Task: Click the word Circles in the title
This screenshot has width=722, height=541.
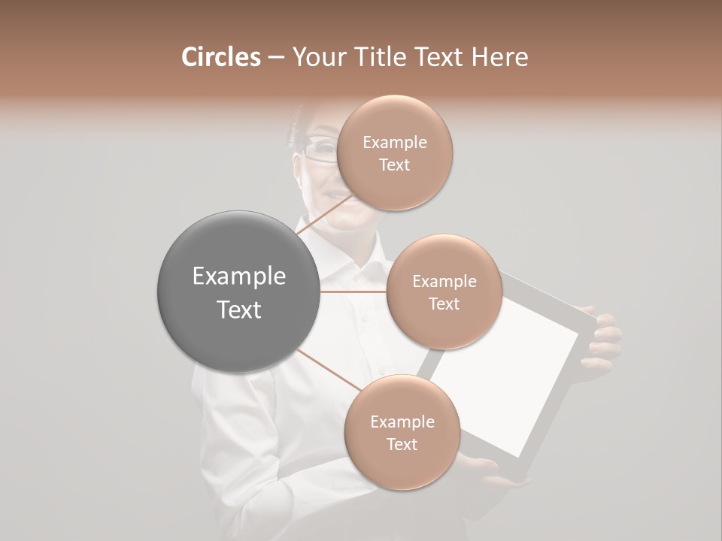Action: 220,57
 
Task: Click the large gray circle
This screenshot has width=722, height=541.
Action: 238,292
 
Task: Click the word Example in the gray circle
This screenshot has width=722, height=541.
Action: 239,277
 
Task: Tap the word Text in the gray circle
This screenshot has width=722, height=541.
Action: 239,310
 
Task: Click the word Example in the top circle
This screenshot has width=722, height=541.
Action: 395,143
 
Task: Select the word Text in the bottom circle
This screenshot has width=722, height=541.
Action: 402,444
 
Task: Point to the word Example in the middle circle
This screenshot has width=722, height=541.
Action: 444,282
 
